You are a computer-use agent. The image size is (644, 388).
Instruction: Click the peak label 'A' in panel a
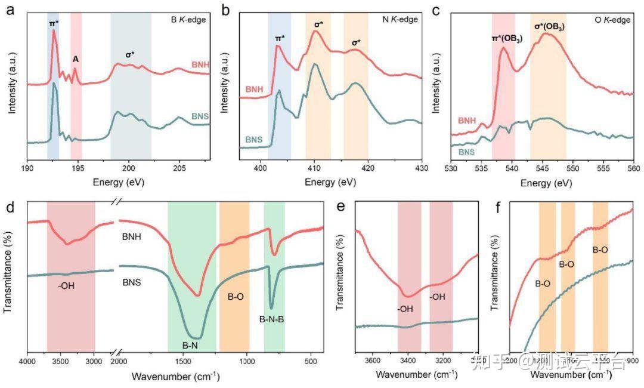tap(76, 59)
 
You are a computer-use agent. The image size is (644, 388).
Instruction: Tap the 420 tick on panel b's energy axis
tap(368, 170)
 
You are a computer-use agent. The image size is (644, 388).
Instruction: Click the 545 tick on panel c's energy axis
tap(543, 170)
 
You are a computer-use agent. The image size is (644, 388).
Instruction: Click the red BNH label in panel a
tap(200, 64)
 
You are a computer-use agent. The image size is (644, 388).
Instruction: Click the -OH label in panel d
tap(66, 285)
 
